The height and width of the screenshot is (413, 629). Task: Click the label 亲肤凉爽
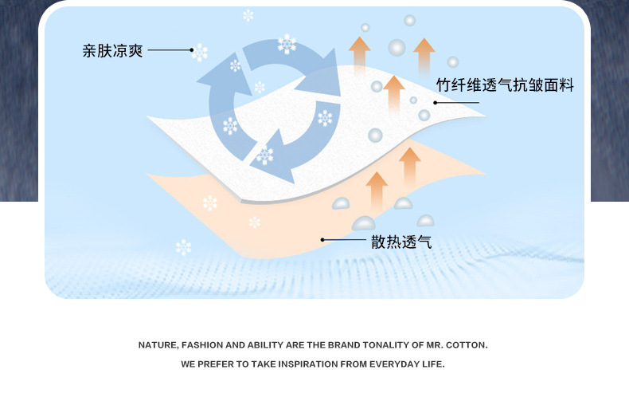(x=112, y=51)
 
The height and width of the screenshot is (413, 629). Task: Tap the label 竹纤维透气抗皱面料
(x=505, y=85)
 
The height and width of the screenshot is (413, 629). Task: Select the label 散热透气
(x=401, y=242)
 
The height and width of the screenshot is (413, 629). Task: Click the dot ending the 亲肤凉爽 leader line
(x=192, y=50)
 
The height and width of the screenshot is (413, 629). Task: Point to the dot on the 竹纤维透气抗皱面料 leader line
(x=436, y=103)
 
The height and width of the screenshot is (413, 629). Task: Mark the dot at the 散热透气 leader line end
(x=322, y=239)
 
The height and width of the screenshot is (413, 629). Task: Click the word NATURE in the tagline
(x=157, y=345)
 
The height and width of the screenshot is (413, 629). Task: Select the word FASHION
(x=202, y=345)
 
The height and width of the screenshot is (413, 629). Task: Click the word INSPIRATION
(x=304, y=364)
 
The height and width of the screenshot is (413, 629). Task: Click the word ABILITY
(x=267, y=345)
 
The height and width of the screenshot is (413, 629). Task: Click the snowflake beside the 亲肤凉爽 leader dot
(x=200, y=53)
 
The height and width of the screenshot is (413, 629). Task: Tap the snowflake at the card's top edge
(x=248, y=15)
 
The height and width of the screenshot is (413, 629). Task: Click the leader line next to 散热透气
(x=344, y=239)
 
